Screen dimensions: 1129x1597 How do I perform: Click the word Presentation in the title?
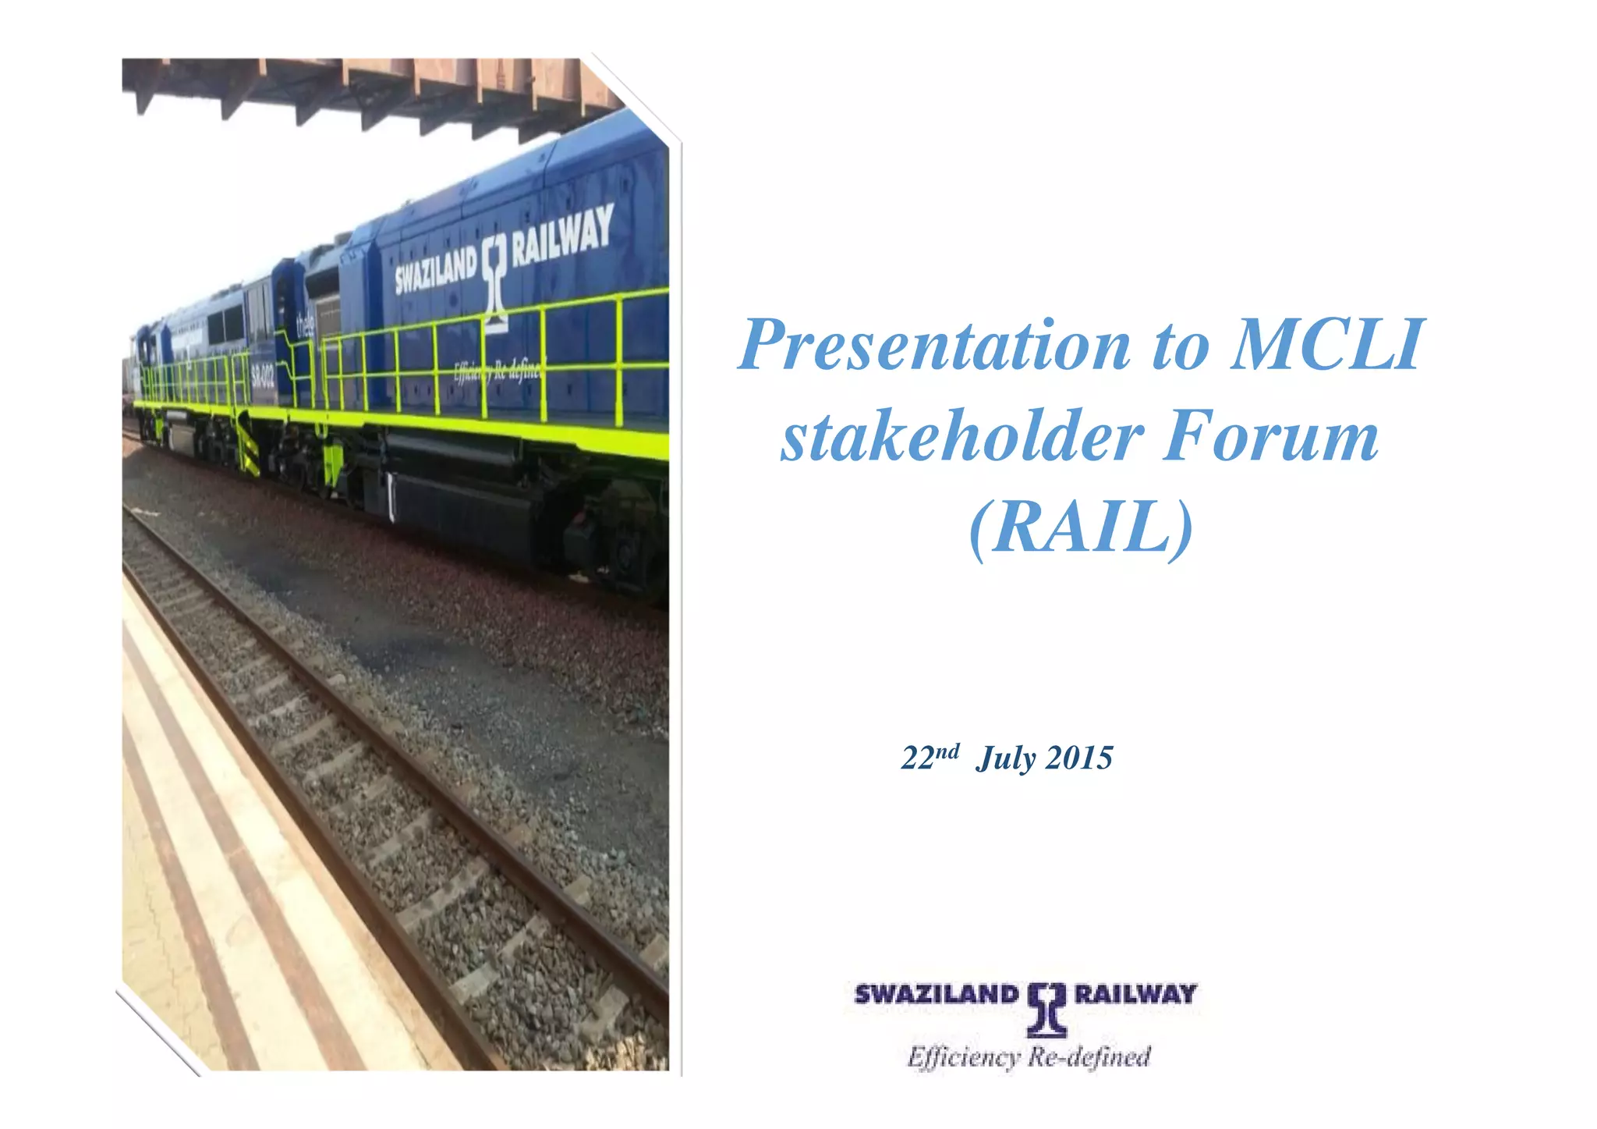point(934,344)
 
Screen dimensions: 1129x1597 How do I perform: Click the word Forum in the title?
point(1270,436)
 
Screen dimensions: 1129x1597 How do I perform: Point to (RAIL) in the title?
point(1081,527)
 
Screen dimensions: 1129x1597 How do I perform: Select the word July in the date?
point(1006,758)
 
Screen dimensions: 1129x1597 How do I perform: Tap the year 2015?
point(1079,758)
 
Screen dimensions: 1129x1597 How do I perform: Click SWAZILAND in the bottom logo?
point(937,994)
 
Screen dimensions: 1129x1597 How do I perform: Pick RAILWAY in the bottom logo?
point(1135,993)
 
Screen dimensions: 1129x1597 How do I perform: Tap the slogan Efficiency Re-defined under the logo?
point(1029,1057)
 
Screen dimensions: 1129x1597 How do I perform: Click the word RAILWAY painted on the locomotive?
point(561,235)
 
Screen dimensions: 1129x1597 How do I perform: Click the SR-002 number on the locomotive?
point(262,378)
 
